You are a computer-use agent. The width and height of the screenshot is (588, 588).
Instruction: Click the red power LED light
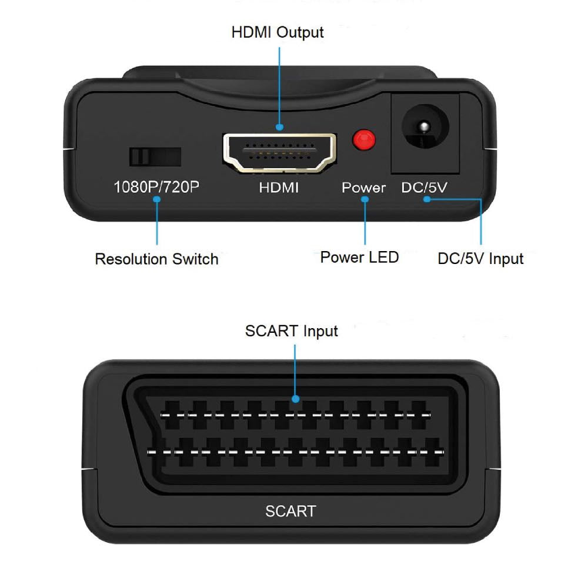pyautogui.click(x=364, y=140)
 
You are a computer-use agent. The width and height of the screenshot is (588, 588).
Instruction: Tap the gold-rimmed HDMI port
pyautogui.click(x=279, y=152)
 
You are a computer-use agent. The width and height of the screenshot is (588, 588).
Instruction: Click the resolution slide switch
pyautogui.click(x=154, y=156)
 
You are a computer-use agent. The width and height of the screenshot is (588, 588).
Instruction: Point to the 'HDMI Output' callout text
pyautogui.click(x=278, y=32)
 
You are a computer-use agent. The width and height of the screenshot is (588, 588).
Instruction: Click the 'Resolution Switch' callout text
pyautogui.click(x=156, y=259)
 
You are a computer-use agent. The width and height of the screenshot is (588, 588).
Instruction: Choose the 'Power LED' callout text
pyautogui.click(x=359, y=257)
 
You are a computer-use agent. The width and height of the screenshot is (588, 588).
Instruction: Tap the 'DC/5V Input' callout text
pyautogui.click(x=480, y=259)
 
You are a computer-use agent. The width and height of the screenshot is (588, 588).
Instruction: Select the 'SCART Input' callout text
pyautogui.click(x=292, y=331)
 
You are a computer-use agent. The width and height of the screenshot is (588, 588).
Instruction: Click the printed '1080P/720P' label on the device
pyautogui.click(x=156, y=188)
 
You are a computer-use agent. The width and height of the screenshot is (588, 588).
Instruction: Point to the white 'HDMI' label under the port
pyautogui.click(x=279, y=188)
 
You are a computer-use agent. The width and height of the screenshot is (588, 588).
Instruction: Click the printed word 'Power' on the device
pyautogui.click(x=364, y=188)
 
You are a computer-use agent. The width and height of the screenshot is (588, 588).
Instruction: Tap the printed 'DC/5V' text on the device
pyautogui.click(x=425, y=188)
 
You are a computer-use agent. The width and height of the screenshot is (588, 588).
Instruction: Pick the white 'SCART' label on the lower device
pyautogui.click(x=290, y=511)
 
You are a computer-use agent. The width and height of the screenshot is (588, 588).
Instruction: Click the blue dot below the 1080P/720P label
pyautogui.click(x=156, y=200)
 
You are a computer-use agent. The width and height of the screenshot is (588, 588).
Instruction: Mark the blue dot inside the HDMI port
pyautogui.click(x=279, y=126)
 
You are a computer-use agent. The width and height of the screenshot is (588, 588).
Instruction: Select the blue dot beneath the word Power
pyautogui.click(x=365, y=200)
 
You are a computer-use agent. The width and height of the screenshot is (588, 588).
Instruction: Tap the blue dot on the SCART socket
pyautogui.click(x=295, y=399)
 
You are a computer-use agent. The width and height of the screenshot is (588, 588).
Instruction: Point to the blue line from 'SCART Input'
pyautogui.click(x=295, y=370)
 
